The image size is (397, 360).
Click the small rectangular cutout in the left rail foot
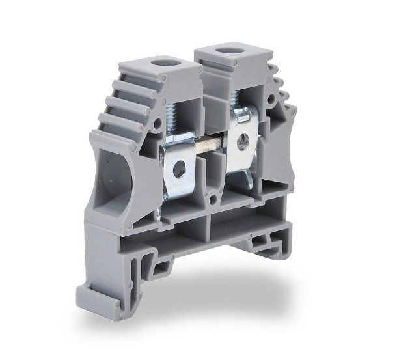coord(159,267)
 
